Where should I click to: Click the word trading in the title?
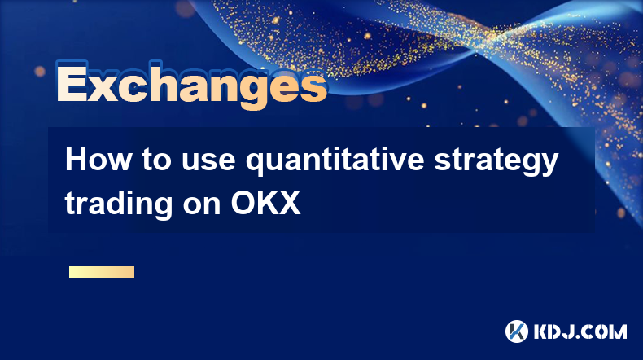pyautogui.click(x=119, y=203)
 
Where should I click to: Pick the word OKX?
pyautogui.click(x=265, y=203)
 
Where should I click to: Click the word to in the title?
pyautogui.click(x=156, y=161)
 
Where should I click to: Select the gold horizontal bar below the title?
pyautogui.click(x=102, y=271)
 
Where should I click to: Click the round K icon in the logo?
pyautogui.click(x=517, y=331)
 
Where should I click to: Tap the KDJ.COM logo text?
pyautogui.click(x=580, y=331)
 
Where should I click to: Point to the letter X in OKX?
pyautogui.click(x=289, y=203)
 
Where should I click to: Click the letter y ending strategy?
pyautogui.click(x=549, y=165)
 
